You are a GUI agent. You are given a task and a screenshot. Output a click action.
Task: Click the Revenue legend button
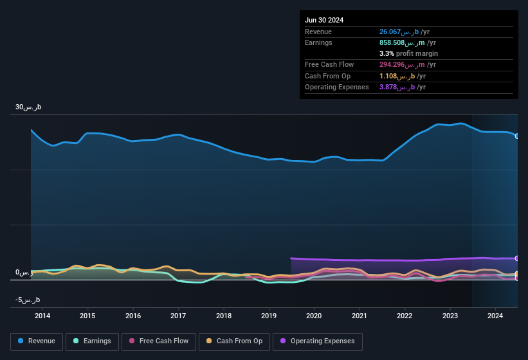(37, 341)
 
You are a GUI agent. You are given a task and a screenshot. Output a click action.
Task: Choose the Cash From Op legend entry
(234, 341)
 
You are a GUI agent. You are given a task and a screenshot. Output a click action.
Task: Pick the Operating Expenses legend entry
(318, 341)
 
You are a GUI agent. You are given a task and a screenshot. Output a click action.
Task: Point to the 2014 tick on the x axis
(42, 316)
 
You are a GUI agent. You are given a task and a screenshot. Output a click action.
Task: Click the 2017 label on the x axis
(178, 316)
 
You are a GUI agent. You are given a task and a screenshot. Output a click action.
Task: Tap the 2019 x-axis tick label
(269, 316)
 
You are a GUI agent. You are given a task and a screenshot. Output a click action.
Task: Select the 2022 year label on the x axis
(405, 316)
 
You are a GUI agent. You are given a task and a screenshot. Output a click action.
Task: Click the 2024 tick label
(495, 316)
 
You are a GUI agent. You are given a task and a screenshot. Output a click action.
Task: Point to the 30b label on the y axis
(28, 107)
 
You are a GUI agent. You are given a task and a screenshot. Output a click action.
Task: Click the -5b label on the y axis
(28, 300)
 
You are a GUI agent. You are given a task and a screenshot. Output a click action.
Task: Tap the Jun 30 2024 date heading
(324, 20)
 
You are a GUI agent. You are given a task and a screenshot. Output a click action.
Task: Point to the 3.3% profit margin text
(408, 53)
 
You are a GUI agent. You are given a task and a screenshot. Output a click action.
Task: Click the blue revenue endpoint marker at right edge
(517, 136)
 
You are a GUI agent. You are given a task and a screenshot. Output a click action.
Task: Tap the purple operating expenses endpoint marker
(517, 258)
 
